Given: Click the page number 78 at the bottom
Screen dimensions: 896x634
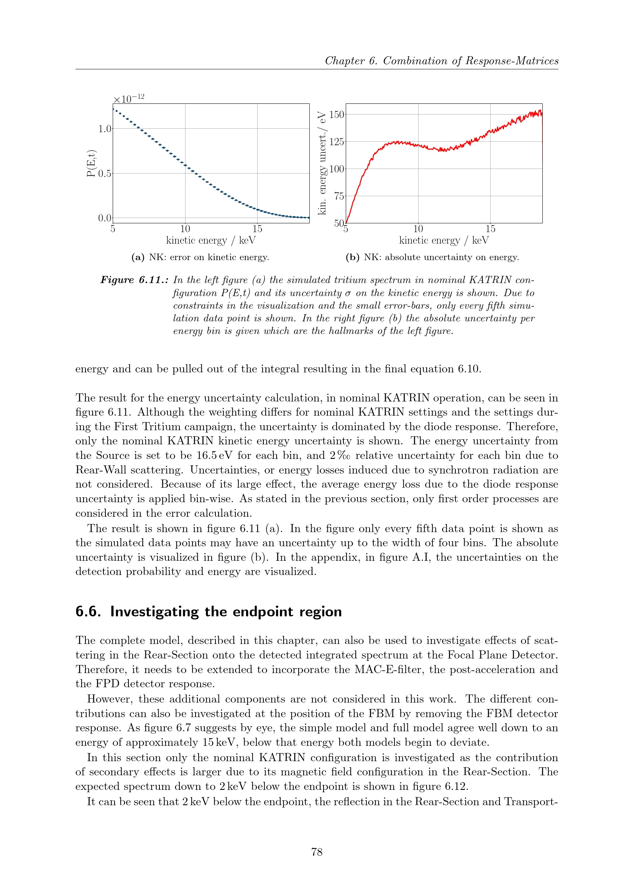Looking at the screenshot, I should click(317, 852).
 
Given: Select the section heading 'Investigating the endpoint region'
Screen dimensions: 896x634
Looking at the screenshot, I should click(226, 611).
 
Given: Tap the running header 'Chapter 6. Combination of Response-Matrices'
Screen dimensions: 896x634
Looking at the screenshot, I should click(442, 61).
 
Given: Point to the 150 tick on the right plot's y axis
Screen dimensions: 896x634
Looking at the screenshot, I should click(337, 115).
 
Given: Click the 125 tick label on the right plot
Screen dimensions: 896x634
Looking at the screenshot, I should click(337, 142).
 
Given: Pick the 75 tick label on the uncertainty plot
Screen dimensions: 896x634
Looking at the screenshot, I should click(339, 196).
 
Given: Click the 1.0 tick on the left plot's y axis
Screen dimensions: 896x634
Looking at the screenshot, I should click(105, 129).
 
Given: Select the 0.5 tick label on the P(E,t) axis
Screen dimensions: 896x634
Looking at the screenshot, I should click(105, 174).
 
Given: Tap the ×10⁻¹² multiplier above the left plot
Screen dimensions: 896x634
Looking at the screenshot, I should click(129, 98).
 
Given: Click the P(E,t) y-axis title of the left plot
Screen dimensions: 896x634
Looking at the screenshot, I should click(91, 163).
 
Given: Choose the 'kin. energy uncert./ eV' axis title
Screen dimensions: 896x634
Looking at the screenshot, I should click(322, 163).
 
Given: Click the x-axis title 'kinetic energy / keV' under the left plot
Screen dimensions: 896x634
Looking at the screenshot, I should click(211, 241).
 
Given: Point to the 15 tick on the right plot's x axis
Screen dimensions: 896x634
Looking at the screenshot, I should click(490, 229).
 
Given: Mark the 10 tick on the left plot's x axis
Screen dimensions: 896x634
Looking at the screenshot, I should click(185, 229).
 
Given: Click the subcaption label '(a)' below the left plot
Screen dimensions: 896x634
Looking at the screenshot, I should click(138, 257).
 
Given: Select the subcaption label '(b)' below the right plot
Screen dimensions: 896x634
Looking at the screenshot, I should click(353, 257).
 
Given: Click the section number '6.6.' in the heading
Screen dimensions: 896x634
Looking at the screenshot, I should click(88, 611).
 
